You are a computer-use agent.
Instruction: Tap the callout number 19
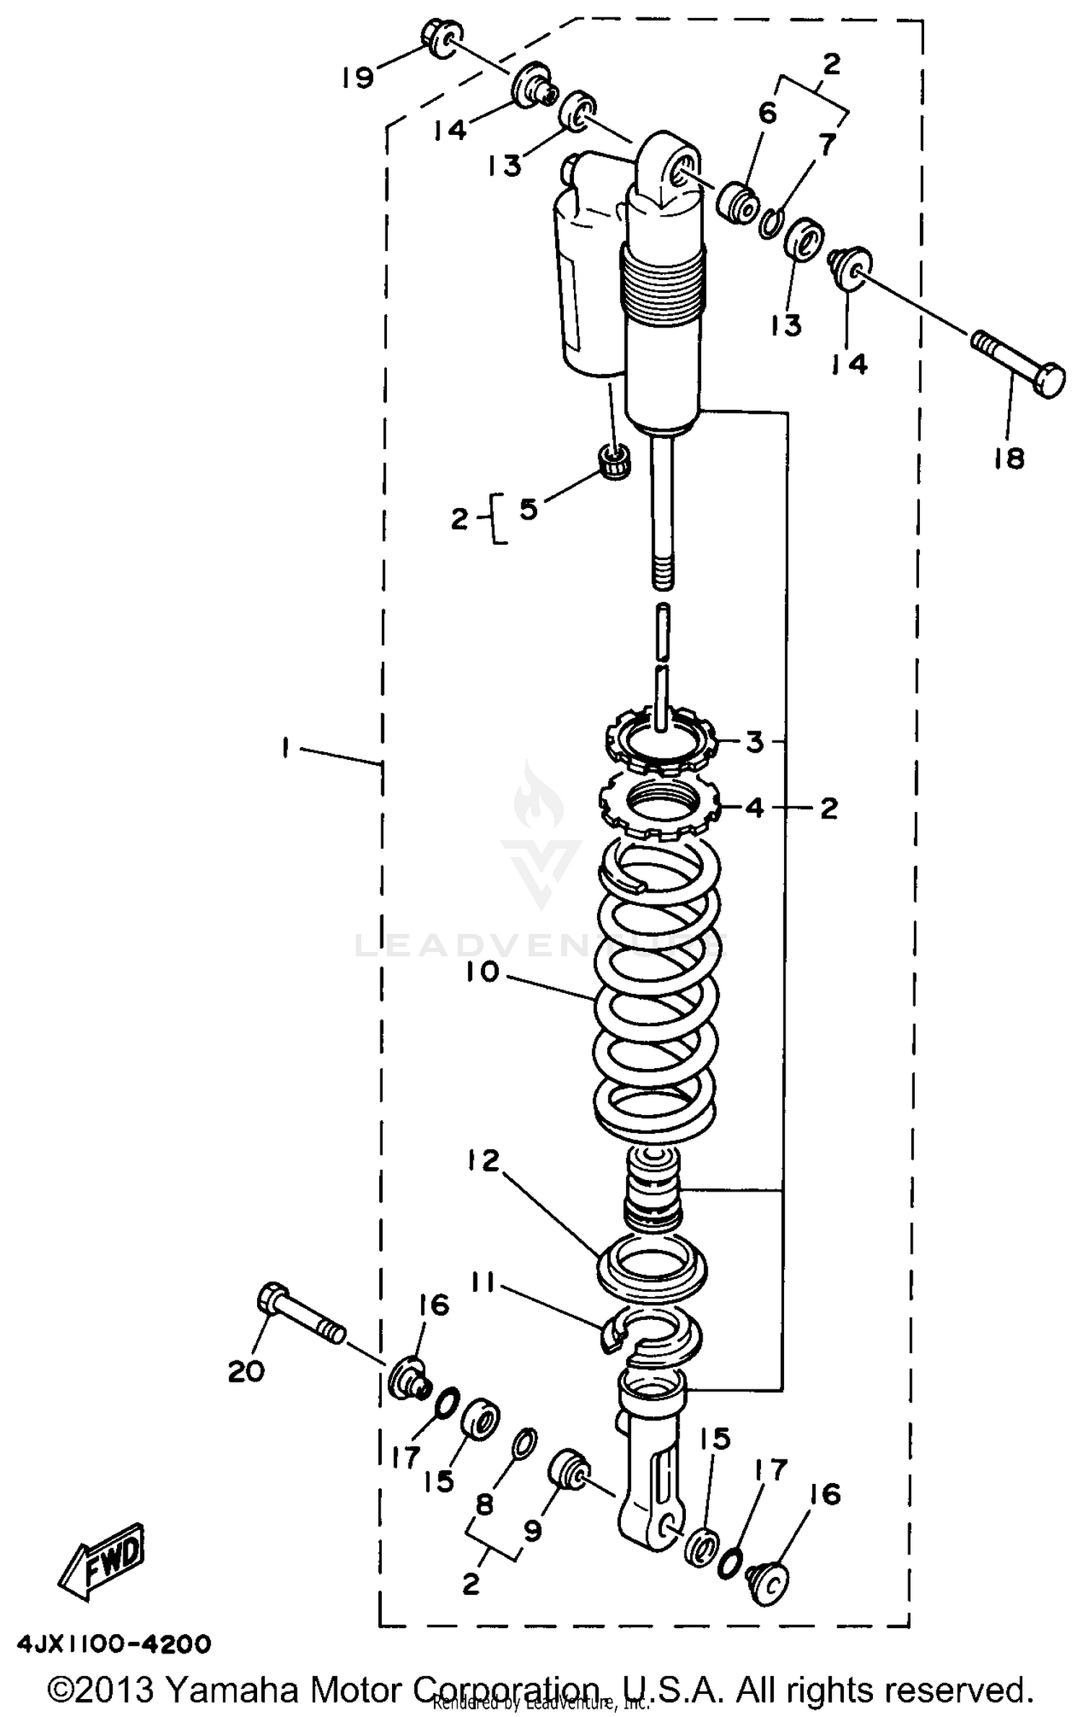(x=358, y=77)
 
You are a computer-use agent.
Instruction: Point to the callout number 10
(x=483, y=972)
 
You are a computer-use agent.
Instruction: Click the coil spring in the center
(x=657, y=1010)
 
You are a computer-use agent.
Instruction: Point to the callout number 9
(x=532, y=1529)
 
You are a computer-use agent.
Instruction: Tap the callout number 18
(x=1009, y=458)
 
